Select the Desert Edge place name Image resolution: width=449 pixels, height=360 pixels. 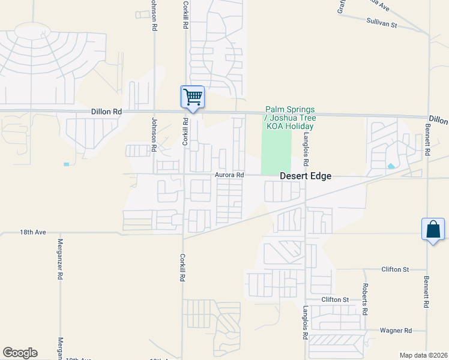click(306, 176)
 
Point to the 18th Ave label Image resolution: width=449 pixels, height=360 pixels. click(32, 232)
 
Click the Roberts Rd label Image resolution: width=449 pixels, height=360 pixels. click(364, 301)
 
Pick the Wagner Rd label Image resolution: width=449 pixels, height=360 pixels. click(396, 330)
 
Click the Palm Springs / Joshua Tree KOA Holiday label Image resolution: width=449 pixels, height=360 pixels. click(290, 118)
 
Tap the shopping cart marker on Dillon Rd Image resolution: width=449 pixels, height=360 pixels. click(193, 97)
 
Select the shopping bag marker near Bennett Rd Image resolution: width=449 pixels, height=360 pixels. click(433, 229)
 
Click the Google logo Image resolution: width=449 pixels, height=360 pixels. click(20, 353)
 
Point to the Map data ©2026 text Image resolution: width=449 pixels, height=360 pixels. click(423, 355)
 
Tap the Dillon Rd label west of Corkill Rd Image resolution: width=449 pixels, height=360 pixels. click(106, 112)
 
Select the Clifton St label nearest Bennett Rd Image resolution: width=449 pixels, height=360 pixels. click(395, 269)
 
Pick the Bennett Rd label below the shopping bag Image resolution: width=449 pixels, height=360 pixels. click(427, 292)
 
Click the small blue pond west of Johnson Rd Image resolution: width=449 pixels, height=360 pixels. click(66, 164)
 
